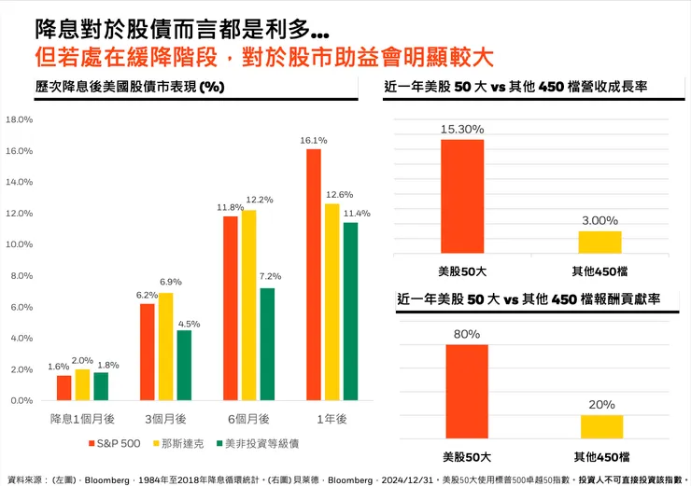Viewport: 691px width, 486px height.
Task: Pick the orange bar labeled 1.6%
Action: pyautogui.click(x=63, y=387)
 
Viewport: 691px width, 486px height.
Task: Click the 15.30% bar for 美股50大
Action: pyautogui.click(x=462, y=196)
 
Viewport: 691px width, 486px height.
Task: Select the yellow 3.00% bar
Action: pyautogui.click(x=599, y=242)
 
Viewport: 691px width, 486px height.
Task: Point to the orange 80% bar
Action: pyautogui.click(x=466, y=391)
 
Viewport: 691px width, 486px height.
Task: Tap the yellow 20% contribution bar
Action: pyautogui.click(x=601, y=426)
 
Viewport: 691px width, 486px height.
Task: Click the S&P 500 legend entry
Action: pyautogui.click(x=115, y=442)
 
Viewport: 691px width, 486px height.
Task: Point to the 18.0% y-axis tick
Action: pyautogui.click(x=19, y=120)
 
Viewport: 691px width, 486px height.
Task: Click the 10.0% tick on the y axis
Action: pyautogui.click(x=19, y=244)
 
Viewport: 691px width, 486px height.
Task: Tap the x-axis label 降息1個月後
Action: pyautogui.click(x=81, y=419)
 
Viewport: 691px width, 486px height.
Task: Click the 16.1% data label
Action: pyautogui.click(x=313, y=141)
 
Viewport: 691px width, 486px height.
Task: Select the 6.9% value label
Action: pyautogui.click(x=171, y=282)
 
